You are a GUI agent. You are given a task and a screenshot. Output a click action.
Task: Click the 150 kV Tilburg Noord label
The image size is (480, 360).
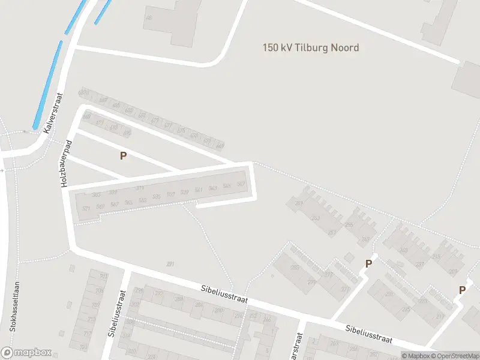(311, 47)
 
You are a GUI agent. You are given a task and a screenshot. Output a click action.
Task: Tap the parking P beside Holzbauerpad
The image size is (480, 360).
(123, 155)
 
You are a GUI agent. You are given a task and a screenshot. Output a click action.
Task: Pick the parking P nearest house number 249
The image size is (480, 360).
(369, 263)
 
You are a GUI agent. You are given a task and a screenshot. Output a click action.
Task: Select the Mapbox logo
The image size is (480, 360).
(26, 353)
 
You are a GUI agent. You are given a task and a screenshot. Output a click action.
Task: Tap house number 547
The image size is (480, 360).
(241, 184)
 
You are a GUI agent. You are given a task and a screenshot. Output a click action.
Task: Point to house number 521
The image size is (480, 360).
(86, 208)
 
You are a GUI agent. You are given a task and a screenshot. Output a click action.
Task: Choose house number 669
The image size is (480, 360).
(220, 146)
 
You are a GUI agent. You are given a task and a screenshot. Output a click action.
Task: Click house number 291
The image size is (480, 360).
(170, 264)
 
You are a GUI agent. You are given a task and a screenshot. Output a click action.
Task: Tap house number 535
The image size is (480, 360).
(157, 197)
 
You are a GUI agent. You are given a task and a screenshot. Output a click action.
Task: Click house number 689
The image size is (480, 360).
(85, 92)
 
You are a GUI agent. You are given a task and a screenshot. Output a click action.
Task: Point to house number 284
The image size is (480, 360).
(199, 304)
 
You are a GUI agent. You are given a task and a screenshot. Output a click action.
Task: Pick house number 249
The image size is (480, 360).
(365, 240)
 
